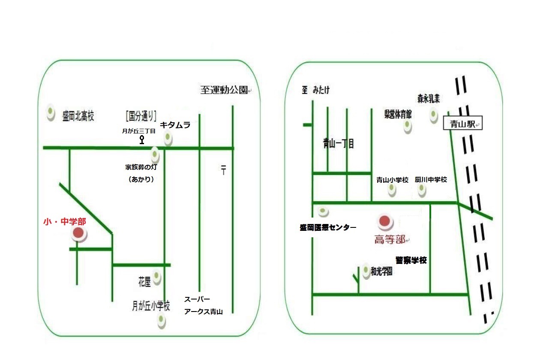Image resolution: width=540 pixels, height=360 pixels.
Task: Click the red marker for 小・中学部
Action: click(x=78, y=233)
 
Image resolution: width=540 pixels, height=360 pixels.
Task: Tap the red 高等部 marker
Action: click(x=385, y=221)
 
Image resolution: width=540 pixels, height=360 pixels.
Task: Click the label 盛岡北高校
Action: click(x=78, y=116)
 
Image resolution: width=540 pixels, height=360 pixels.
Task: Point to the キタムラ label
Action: click(x=175, y=125)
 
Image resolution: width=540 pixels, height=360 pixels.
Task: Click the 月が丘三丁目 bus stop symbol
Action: click(x=142, y=139)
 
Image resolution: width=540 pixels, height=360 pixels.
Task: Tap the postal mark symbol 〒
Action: click(x=223, y=169)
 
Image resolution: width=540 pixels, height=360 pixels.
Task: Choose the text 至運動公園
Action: click(x=224, y=91)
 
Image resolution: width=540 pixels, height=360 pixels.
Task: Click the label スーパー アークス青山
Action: click(x=203, y=306)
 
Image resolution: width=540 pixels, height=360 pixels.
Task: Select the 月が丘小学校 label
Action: click(x=151, y=306)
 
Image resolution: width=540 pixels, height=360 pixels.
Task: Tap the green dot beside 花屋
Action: click(x=157, y=277)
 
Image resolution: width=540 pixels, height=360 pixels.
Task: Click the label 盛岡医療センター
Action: click(x=328, y=227)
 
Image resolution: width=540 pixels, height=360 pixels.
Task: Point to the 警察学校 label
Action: click(x=411, y=260)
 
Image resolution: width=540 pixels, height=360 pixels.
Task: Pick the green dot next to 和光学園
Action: click(x=366, y=271)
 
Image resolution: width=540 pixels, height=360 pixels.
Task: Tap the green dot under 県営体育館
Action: click(x=407, y=125)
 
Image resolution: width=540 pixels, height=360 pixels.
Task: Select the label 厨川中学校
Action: click(x=431, y=180)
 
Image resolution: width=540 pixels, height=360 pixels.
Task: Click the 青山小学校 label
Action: click(x=392, y=180)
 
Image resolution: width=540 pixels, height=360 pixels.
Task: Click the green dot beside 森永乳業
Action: click(x=433, y=115)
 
